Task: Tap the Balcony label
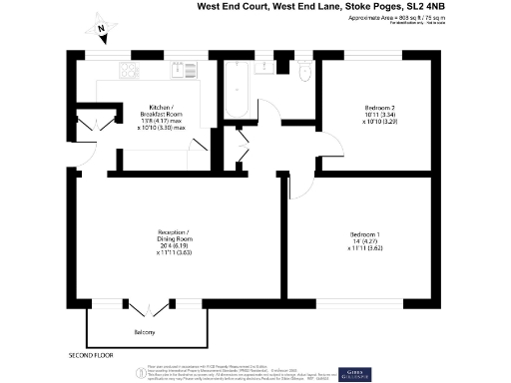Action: tap(146, 331)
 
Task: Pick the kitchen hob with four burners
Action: tap(129, 70)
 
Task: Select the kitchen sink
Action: tap(184, 70)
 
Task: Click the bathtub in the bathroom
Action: tap(238, 89)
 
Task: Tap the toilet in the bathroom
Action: tap(306, 71)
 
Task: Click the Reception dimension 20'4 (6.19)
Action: tap(174, 246)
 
